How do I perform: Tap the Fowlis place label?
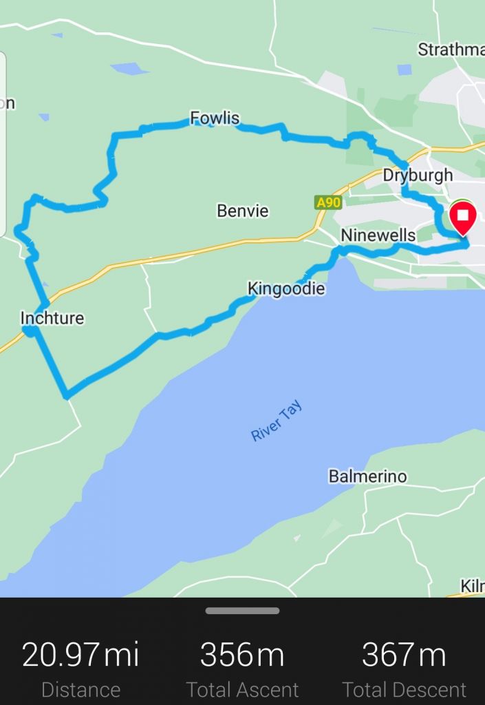point(215,118)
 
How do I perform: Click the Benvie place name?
point(242,211)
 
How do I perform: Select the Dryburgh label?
point(418,175)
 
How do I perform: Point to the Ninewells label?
point(378,235)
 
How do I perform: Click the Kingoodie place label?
point(285,288)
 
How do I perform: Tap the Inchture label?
point(52,318)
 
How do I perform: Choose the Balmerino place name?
point(367,476)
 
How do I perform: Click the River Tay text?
point(277,422)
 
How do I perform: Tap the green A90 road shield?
point(328,202)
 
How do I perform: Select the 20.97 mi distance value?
point(80,654)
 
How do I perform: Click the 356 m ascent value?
point(242,654)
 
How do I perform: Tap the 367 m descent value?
point(404,654)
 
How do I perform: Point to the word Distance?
point(80,690)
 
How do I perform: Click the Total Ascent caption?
point(242,690)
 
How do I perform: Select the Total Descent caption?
point(404,690)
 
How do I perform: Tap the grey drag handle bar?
point(242,611)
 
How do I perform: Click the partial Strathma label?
point(451,50)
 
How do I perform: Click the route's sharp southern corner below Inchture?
point(66,396)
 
